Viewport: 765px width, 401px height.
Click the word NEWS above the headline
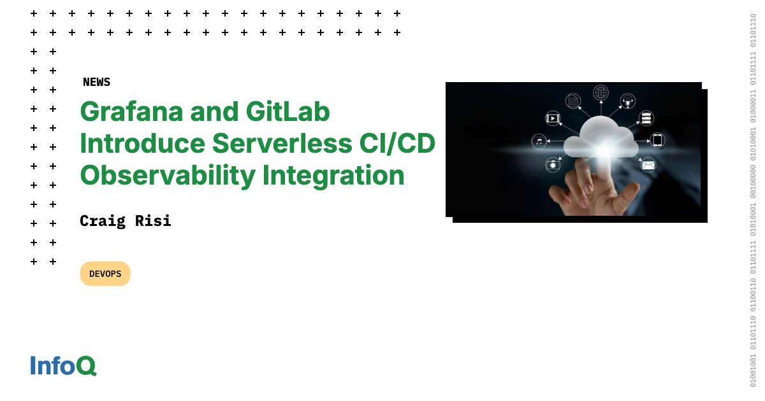tap(96, 82)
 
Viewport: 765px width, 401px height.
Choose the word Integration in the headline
tap(333, 176)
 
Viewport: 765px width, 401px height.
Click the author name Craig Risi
tap(126, 221)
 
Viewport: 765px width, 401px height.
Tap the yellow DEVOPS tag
tap(105, 274)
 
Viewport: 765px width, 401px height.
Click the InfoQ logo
tap(63, 366)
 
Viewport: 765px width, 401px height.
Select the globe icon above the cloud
tap(601, 92)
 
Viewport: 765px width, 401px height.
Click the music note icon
tap(539, 141)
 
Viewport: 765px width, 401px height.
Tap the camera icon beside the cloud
tap(553, 165)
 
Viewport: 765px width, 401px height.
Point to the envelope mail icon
tap(648, 165)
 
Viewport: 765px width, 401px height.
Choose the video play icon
tap(553, 118)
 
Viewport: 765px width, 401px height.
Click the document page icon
tap(573, 101)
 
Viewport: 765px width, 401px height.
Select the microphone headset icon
tap(628, 101)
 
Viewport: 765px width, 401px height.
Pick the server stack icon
tap(646, 118)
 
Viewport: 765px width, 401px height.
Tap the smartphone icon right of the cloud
tap(657, 140)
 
